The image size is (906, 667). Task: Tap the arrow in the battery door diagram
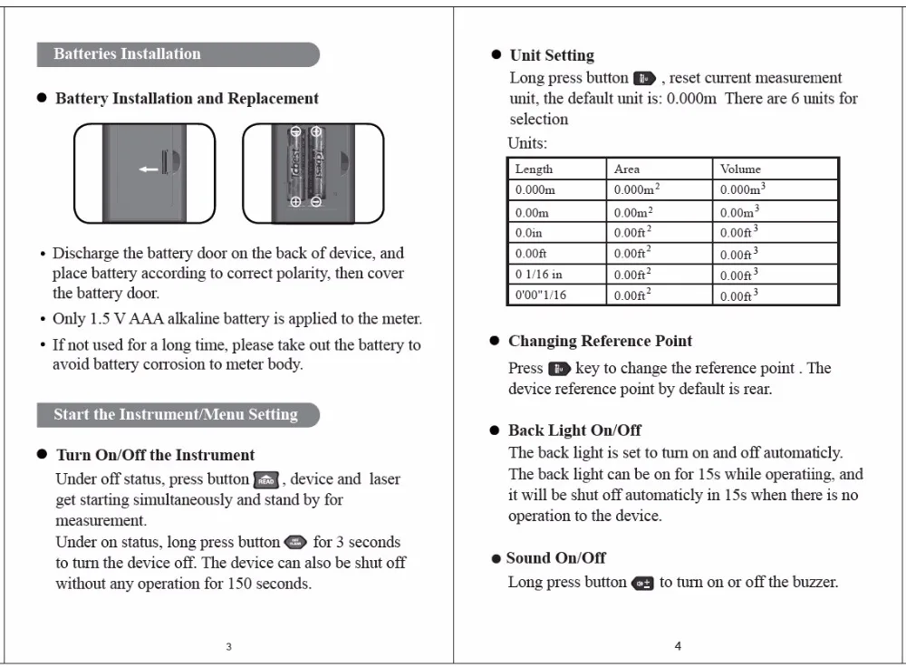[x=148, y=169]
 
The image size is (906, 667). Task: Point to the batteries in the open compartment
[x=305, y=169]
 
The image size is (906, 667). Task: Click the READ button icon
[x=265, y=480]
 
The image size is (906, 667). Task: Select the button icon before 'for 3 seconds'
[x=296, y=543]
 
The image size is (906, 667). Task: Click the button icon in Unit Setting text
[x=644, y=79]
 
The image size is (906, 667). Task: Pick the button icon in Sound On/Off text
[x=642, y=583]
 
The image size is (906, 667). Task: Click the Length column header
[x=535, y=169]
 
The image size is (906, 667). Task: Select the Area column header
[x=627, y=169]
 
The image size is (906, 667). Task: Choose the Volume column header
[x=741, y=169]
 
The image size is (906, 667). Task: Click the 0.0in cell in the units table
[x=529, y=233]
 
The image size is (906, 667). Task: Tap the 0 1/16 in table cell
[x=539, y=275]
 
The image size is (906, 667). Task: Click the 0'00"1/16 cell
[x=541, y=295]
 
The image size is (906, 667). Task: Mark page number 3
[x=228, y=646]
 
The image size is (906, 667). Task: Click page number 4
[x=678, y=646]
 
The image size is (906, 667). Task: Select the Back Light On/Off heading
[x=574, y=430]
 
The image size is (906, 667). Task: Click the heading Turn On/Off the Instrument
[x=155, y=455]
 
